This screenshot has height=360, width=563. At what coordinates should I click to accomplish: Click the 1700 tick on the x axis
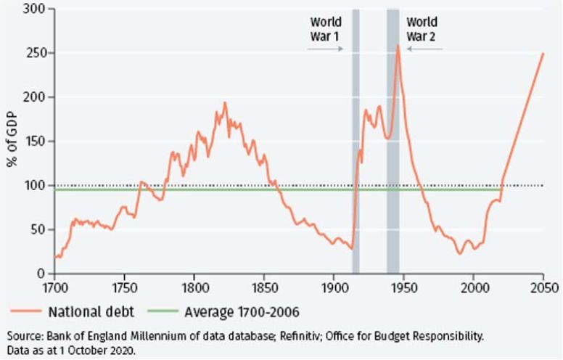(54, 285)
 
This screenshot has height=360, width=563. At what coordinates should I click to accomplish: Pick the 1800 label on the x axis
(194, 285)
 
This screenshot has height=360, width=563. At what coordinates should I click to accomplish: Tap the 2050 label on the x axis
(543, 285)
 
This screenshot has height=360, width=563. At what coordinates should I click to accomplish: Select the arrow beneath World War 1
(324, 49)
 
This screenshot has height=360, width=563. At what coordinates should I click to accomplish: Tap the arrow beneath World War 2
(424, 49)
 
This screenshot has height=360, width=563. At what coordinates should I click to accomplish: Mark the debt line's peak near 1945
(398, 46)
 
